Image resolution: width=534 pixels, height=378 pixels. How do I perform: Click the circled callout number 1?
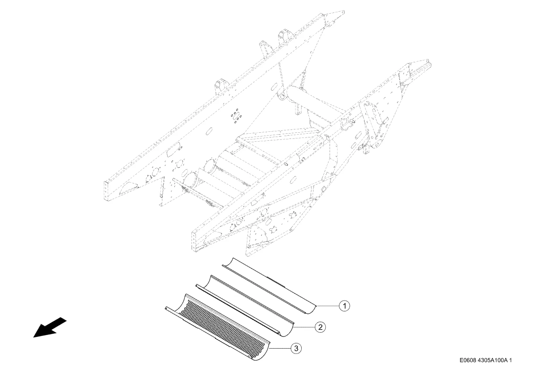tap(345, 306)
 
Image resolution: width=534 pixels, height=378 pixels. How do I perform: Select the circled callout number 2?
tap(320, 327)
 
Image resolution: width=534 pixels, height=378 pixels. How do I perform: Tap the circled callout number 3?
tap(297, 348)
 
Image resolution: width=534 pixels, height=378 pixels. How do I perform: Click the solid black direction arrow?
tap(50, 327)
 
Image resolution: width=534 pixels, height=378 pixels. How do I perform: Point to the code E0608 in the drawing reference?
tap(468, 360)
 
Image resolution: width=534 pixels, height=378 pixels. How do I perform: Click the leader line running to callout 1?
tap(328, 306)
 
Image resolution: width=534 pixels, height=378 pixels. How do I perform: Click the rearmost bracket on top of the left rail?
tap(285, 37)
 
